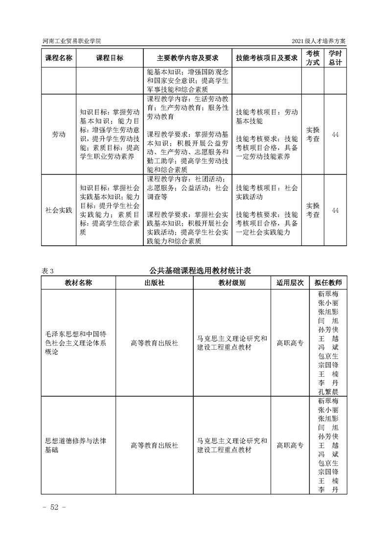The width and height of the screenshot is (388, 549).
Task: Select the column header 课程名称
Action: pos(59,58)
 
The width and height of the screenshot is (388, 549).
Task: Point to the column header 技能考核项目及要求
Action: pos(267,58)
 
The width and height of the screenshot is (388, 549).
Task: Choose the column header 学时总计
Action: pos(335,58)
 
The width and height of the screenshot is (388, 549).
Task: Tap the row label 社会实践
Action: pos(59,210)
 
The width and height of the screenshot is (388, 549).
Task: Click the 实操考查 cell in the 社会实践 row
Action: pos(313,210)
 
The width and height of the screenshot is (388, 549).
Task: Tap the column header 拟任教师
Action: pos(328,283)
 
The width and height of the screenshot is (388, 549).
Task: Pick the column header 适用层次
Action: pos(290,283)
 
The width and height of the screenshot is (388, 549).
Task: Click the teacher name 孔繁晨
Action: pos(328,392)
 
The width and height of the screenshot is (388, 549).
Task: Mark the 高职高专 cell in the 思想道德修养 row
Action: pos(290,445)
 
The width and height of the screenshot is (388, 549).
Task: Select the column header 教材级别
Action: pos(232,283)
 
